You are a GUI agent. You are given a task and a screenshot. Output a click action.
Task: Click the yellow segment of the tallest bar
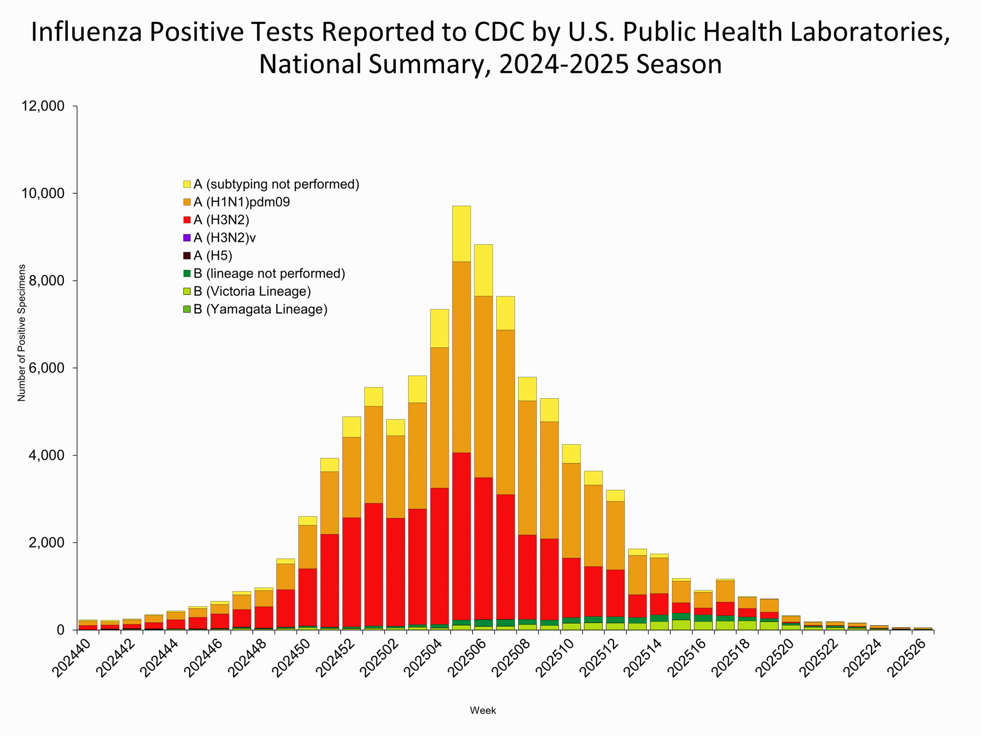pos(461,234)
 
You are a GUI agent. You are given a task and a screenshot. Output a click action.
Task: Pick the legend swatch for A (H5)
pos(187,256)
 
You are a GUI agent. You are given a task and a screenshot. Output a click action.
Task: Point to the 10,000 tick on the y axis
pos(43,194)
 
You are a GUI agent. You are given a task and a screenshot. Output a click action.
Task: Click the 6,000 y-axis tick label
pos(43,368)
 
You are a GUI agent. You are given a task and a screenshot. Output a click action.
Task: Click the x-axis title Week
pos(483,710)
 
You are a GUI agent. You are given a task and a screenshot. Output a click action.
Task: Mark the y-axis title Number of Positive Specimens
pos(21,333)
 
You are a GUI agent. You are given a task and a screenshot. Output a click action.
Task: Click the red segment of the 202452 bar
pos(351,572)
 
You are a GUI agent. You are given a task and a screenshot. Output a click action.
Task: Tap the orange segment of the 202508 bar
pos(527,468)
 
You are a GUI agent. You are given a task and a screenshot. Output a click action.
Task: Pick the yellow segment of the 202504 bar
pos(440,328)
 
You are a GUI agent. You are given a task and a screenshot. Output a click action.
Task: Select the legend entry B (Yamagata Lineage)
pos(260,309)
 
